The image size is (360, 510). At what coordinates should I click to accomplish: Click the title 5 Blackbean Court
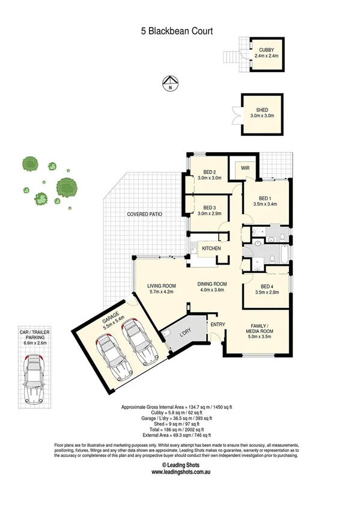pos(180,31)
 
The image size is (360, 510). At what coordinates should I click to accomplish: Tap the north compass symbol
pos(171,83)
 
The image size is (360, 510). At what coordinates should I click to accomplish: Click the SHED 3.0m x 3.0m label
pos(261,113)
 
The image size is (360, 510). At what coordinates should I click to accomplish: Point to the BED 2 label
pos(210,175)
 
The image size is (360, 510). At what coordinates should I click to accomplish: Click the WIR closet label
pos(245,169)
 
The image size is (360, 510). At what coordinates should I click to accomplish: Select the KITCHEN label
pos(211,248)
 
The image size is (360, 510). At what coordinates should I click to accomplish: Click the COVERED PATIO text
pos(145,214)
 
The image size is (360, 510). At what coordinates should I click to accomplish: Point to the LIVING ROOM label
pos(161,289)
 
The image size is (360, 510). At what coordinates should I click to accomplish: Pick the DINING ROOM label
pos(212,287)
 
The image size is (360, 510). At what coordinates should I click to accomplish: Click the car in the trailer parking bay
pos(37,381)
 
